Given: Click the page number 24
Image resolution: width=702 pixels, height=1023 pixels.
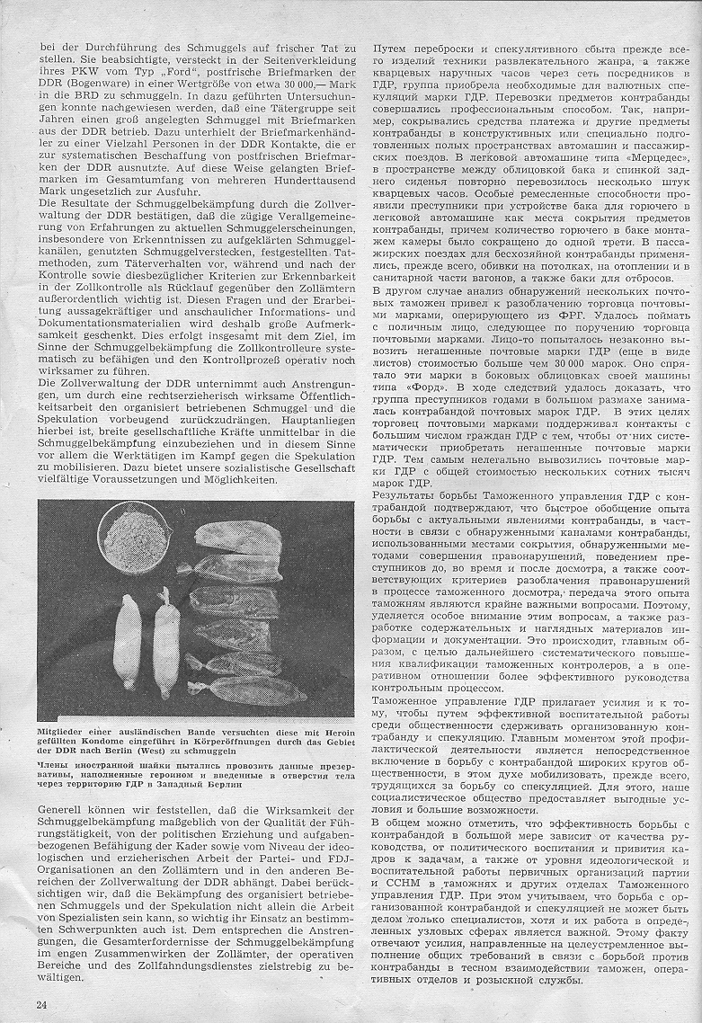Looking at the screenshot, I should pos(41,1004).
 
